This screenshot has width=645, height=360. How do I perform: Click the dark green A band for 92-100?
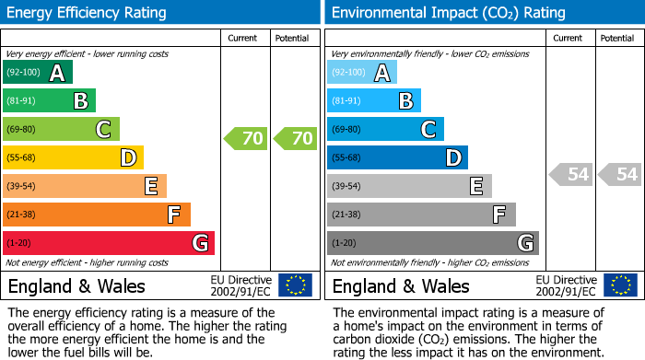pyautogui.click(x=37, y=72)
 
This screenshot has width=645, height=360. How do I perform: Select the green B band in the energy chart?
pyautogui.click(x=49, y=100)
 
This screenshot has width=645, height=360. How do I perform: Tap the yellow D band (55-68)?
pyautogui.click(x=73, y=157)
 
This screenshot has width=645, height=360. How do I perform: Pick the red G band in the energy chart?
pyautogui.click(x=108, y=243)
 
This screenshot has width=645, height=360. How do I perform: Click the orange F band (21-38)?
pyautogui.click(x=97, y=215)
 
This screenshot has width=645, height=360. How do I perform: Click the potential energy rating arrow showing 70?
pyautogui.click(x=296, y=139)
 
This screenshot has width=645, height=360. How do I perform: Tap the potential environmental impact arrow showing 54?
pyautogui.click(x=619, y=174)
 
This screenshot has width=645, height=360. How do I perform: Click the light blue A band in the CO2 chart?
pyautogui.click(x=361, y=72)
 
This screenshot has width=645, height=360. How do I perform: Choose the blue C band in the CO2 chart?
pyautogui.click(x=385, y=129)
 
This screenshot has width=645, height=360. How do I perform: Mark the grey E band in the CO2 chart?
pyautogui.click(x=409, y=186)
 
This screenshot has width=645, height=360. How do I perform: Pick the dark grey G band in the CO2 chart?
pyautogui.click(x=432, y=243)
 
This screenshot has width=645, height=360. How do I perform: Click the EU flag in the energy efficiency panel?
pyautogui.click(x=295, y=285)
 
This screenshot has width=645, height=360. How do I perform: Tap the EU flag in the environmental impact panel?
pyautogui.click(x=620, y=285)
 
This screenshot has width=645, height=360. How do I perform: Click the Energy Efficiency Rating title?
pyautogui.click(x=87, y=13)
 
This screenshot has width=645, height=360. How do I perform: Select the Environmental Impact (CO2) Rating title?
pyautogui.click(x=448, y=13)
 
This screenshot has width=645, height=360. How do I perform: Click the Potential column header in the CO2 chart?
pyautogui.click(x=616, y=38)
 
